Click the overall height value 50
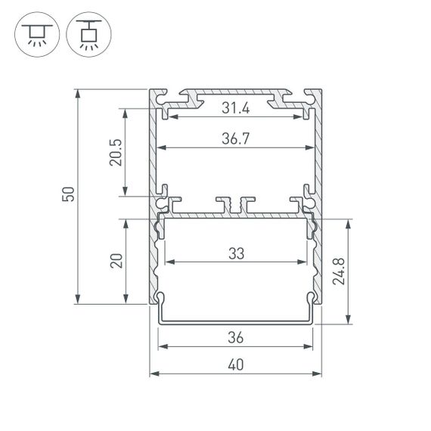(x=69, y=195)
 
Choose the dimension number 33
(x=237, y=254)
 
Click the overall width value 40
(x=237, y=364)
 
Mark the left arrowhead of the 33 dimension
(x=166, y=262)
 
